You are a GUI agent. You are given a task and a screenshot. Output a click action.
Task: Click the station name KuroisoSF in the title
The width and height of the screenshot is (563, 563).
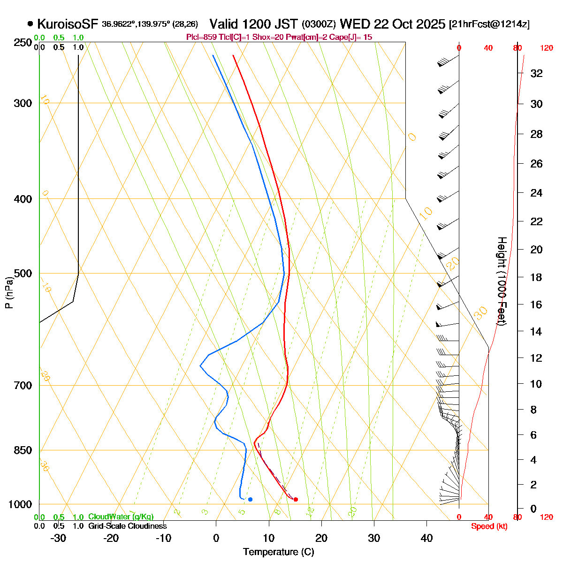(x=68, y=23)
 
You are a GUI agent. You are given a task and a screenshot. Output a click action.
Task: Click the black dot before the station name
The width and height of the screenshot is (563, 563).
(x=30, y=23)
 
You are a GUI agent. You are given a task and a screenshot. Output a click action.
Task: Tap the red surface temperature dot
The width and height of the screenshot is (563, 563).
(x=296, y=499)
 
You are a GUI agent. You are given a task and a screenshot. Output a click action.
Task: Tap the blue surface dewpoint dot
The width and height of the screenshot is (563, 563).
(x=250, y=499)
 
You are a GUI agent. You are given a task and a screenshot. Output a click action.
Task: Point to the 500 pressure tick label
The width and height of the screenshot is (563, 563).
(x=23, y=274)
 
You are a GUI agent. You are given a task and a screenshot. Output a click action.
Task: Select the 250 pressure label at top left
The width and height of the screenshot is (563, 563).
(x=23, y=43)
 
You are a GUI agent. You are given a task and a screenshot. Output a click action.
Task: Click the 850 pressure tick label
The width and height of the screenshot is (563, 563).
(x=23, y=450)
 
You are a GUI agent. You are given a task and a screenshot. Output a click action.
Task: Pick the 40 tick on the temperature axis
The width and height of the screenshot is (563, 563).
(x=426, y=538)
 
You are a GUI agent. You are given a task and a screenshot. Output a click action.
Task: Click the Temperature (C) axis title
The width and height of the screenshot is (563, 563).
(x=279, y=552)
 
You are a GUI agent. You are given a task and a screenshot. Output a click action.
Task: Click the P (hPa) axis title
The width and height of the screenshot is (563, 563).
(x=9, y=293)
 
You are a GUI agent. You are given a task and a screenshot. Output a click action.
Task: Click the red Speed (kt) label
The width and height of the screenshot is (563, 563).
(x=489, y=526)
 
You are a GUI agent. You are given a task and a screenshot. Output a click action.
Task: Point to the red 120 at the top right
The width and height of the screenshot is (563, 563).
(x=546, y=48)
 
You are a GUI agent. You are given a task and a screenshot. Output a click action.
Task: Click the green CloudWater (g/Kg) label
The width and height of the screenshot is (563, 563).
(x=121, y=517)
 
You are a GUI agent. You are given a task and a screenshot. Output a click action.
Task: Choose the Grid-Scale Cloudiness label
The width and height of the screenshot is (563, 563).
(x=127, y=526)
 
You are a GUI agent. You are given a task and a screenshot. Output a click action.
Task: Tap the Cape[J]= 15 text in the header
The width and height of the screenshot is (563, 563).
(x=352, y=37)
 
